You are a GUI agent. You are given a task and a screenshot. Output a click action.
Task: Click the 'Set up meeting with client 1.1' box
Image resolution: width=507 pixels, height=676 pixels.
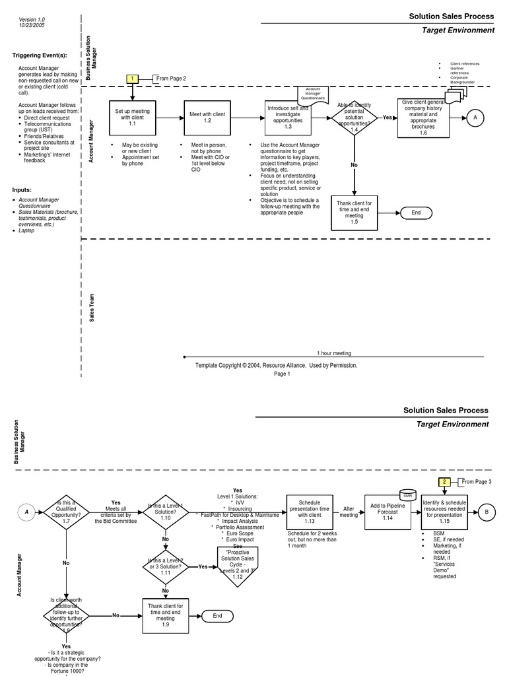(x=132, y=118)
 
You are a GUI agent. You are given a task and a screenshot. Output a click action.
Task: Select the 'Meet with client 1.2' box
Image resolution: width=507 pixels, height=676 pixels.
(x=207, y=118)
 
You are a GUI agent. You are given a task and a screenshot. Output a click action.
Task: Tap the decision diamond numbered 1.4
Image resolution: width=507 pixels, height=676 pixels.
(x=355, y=118)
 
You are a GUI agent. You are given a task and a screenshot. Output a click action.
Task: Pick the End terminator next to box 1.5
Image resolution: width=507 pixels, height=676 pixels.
(x=416, y=213)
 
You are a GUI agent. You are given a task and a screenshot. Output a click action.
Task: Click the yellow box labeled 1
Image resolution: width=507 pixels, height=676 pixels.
(x=132, y=79)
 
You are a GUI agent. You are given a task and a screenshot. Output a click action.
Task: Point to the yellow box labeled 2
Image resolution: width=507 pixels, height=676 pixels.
(x=445, y=482)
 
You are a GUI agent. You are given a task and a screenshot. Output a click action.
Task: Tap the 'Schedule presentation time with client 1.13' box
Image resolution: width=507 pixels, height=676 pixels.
(x=309, y=512)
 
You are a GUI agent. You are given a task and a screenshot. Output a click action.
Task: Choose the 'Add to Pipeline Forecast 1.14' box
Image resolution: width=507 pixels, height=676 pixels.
(x=388, y=512)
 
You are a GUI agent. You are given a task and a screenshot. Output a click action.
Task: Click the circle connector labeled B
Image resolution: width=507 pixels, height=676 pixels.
(x=487, y=512)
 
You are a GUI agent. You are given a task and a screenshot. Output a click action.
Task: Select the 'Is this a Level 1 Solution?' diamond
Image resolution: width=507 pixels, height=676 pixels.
(x=166, y=512)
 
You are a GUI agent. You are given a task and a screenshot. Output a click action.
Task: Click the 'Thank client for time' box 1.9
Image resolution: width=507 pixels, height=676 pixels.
(x=166, y=615)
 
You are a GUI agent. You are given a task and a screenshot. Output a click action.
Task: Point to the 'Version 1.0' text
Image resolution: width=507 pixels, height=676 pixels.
(x=32, y=20)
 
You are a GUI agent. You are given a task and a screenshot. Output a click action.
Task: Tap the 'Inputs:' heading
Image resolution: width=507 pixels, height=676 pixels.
(x=22, y=189)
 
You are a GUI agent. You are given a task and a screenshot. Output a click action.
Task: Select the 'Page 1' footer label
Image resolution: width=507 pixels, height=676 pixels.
(x=282, y=374)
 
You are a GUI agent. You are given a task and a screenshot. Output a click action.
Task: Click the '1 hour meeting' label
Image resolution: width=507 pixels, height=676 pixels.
(x=334, y=353)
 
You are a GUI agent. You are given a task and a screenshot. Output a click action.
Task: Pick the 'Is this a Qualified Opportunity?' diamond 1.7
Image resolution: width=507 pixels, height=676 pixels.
(x=66, y=512)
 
